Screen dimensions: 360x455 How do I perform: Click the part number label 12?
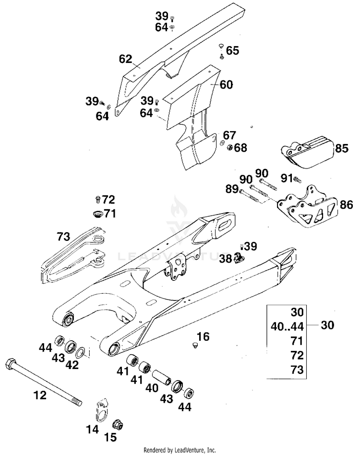click(x=40, y=395)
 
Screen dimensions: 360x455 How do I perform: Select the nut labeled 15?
click(x=118, y=425)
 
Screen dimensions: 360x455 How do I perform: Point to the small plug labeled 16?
click(x=195, y=345)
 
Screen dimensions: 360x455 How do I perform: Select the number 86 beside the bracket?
click(x=346, y=205)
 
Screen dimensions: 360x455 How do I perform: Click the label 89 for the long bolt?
click(x=232, y=190)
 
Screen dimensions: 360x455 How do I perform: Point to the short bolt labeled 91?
click(x=297, y=179)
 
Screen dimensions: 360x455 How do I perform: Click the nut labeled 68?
click(x=229, y=147)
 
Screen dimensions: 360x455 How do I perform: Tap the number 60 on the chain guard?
click(x=226, y=84)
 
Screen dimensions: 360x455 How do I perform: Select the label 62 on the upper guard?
click(x=126, y=59)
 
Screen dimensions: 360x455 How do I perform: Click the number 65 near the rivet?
click(x=232, y=50)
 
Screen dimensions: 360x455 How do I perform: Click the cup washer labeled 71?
click(x=97, y=214)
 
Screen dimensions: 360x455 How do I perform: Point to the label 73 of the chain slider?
click(x=63, y=237)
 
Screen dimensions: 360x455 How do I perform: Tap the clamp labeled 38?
click(x=239, y=257)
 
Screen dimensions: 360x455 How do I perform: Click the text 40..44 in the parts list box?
click(x=287, y=327)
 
